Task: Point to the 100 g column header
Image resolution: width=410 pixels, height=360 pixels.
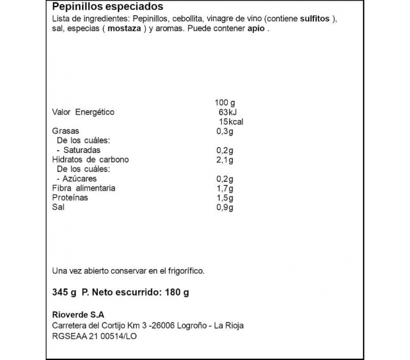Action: (225, 103)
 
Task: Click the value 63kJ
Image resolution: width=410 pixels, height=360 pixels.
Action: (225, 112)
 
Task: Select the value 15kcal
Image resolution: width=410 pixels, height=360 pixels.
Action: (230, 122)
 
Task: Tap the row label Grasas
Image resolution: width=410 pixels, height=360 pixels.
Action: (65, 131)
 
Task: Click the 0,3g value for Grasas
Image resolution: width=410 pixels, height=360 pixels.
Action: (225, 131)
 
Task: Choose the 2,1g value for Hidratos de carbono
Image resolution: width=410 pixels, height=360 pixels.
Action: (225, 159)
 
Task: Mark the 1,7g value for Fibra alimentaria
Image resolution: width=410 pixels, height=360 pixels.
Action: (225, 188)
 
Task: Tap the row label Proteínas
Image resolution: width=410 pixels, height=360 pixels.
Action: (70, 198)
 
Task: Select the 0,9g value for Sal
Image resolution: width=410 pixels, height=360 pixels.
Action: (225, 207)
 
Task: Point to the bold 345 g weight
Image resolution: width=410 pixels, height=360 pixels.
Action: (64, 293)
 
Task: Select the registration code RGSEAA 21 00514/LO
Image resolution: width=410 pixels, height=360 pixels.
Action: (94, 336)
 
